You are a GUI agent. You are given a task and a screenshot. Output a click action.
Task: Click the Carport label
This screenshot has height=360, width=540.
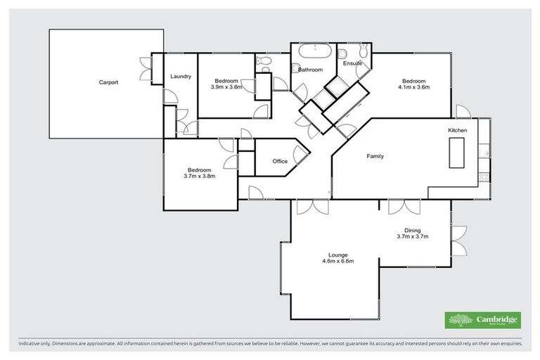point(108,82)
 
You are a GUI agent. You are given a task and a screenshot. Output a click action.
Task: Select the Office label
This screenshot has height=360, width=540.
point(280,162)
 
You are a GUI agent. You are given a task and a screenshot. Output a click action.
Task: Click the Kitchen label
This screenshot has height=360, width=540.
point(458,131)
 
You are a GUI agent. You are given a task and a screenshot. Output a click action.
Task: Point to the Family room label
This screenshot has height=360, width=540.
point(375,156)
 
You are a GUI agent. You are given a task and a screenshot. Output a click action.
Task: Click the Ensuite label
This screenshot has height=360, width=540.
point(352,64)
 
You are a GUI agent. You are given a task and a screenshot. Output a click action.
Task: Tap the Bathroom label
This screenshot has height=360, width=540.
point(310,70)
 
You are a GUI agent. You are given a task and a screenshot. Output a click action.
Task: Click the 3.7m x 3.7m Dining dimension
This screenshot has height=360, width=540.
point(412,236)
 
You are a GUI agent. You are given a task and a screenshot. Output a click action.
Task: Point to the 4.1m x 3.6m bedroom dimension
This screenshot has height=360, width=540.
point(413,87)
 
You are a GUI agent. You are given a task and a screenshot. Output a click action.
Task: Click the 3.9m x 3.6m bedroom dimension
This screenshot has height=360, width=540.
point(227,87)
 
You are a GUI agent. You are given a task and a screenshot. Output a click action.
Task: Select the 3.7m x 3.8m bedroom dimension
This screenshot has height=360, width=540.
point(200,176)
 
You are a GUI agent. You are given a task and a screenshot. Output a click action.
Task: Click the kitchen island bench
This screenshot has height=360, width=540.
point(456,152)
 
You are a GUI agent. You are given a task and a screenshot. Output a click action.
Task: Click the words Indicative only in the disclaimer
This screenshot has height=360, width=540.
point(34,345)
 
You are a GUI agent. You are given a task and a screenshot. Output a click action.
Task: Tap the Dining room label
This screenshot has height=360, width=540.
point(412,230)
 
